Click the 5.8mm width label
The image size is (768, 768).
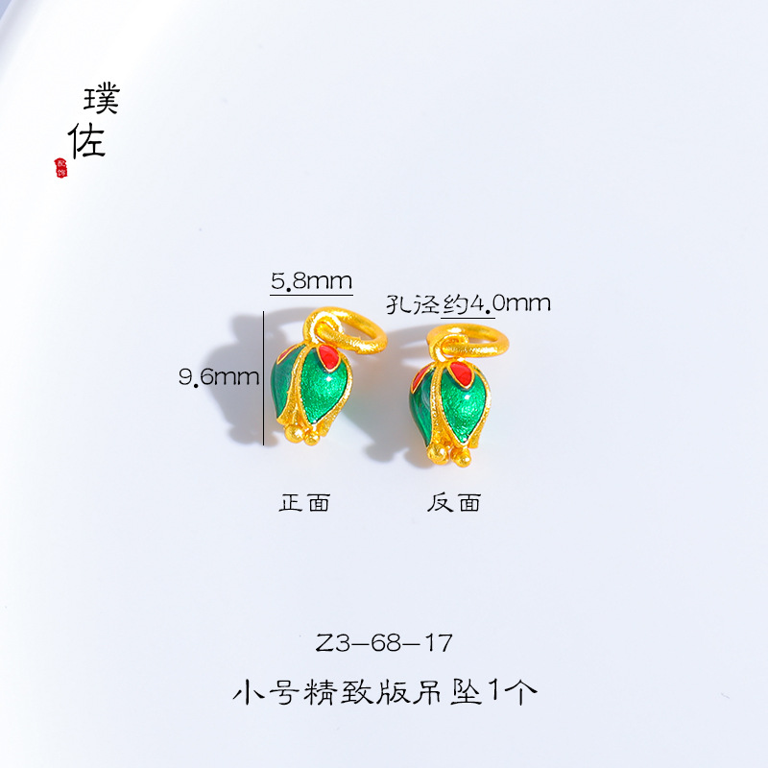(x=311, y=280)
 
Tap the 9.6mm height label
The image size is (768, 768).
(x=218, y=376)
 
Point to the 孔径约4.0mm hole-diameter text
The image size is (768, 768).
(x=468, y=303)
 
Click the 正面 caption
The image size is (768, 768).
(x=304, y=502)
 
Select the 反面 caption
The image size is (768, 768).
(x=454, y=502)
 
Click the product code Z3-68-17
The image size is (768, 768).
(x=384, y=641)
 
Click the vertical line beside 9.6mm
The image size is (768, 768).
(x=264, y=374)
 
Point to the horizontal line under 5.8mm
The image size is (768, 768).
(x=311, y=294)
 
